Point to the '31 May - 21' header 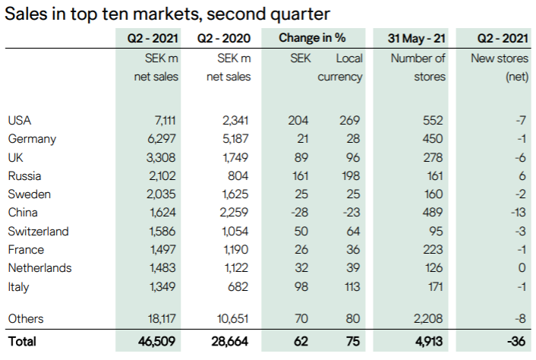coord(418,38)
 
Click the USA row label coord(20,120)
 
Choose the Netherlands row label coord(39,268)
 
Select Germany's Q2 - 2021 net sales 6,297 coord(163,138)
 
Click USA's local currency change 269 coord(352,120)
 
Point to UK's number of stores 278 coord(436,157)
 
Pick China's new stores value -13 coord(518,213)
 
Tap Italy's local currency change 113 coord(352,286)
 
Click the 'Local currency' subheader coord(340,67)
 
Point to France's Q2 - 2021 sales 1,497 coord(163,249)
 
